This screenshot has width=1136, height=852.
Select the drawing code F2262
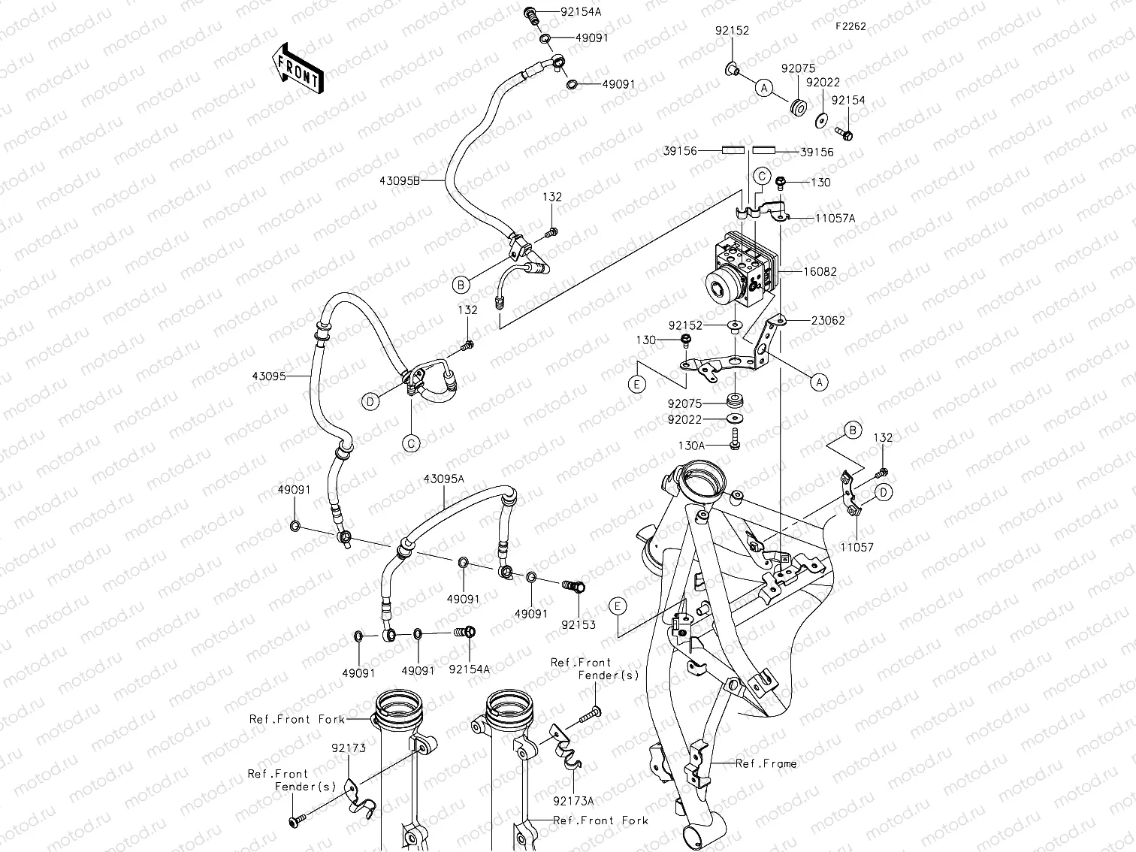coord(850,26)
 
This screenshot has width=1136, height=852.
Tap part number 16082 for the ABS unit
coord(819,272)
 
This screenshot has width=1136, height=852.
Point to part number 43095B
coord(399,181)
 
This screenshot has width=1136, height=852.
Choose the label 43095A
coord(443,479)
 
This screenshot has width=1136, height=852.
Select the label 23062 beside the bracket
coord(828,320)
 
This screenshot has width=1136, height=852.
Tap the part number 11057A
coord(835,219)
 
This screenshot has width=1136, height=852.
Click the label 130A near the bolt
coord(691,446)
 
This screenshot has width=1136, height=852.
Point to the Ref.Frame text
coord(766,763)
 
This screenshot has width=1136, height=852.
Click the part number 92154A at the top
coord(582,12)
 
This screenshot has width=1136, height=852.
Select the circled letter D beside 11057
coord(884,493)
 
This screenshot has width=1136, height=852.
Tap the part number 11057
coord(857,548)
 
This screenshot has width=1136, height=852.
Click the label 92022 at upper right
coord(823,83)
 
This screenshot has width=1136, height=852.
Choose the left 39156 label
coord(680,151)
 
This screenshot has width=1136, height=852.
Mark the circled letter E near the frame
coord(618,606)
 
